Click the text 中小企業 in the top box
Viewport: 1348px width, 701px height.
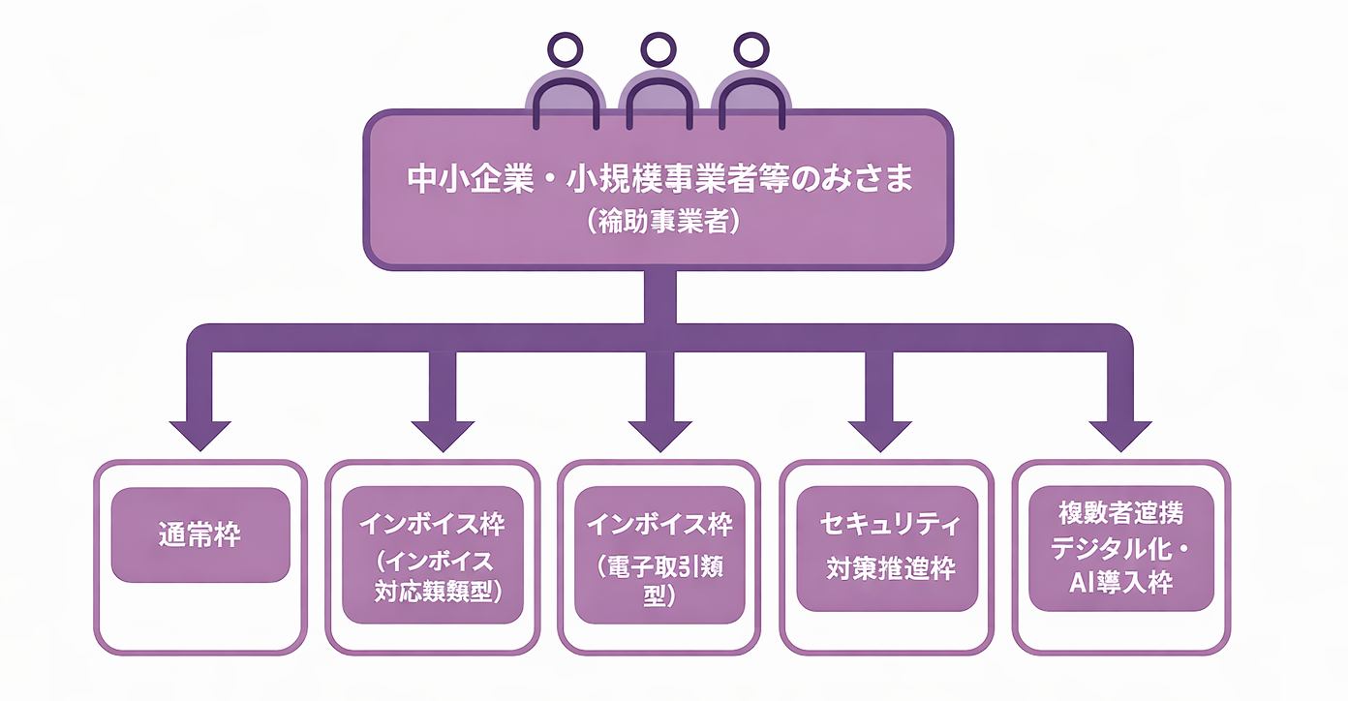458,181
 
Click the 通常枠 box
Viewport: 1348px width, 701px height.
200,534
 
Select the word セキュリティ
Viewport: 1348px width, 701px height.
890,526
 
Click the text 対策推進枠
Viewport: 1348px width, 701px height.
890,567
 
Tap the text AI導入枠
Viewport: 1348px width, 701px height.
1120,584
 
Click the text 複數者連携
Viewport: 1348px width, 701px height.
1120,513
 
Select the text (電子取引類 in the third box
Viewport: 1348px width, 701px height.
660,566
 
